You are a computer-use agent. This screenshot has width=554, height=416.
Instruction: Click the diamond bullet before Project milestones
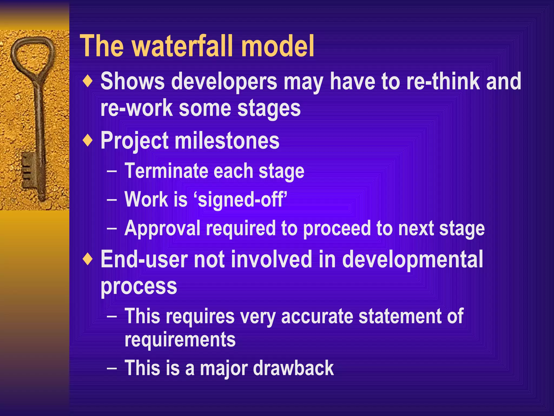pyautogui.click(x=88, y=141)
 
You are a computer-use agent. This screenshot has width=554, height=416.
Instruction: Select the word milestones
pyautogui.click(x=227, y=141)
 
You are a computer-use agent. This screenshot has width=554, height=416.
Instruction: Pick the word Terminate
pyautogui.click(x=166, y=171)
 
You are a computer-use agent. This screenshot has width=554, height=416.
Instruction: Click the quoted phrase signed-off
pyautogui.click(x=240, y=200)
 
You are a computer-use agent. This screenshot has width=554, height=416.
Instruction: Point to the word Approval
pyautogui.click(x=163, y=228)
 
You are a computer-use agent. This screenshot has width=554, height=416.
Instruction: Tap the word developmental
pyautogui.click(x=412, y=259)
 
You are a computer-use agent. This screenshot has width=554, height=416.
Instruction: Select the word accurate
pyautogui.click(x=317, y=316)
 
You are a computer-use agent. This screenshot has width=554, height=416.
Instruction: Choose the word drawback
pyautogui.click(x=293, y=368)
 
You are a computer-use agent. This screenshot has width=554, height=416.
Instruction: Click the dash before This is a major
pyautogui.click(x=112, y=369)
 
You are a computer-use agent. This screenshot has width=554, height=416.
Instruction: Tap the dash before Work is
pyautogui.click(x=112, y=200)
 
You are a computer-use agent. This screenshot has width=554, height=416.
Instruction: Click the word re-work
pyautogui.click(x=136, y=108)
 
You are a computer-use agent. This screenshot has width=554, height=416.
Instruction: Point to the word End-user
pyautogui.click(x=144, y=259)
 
